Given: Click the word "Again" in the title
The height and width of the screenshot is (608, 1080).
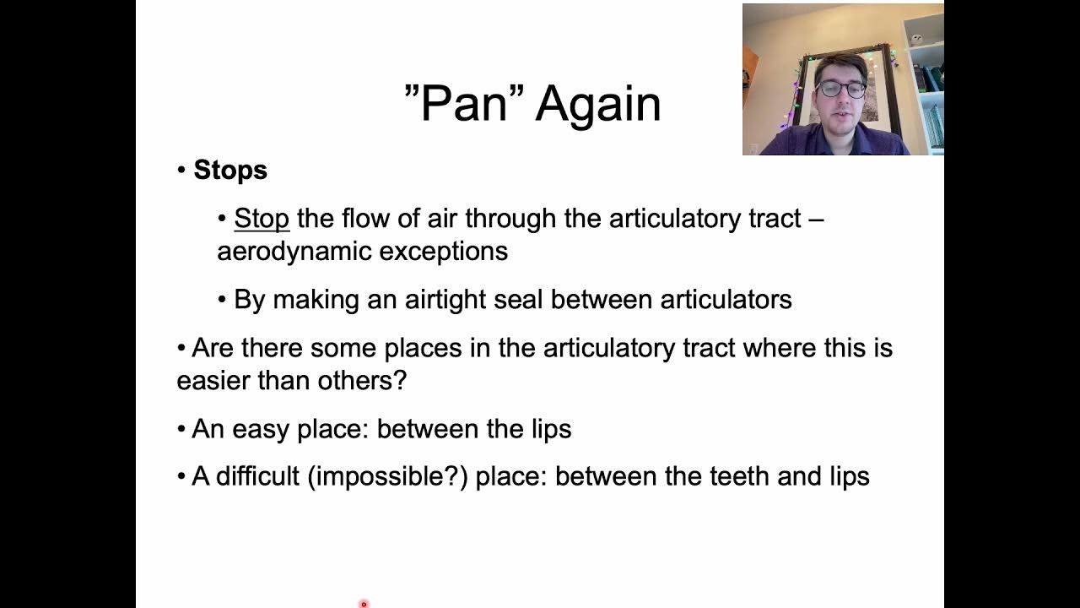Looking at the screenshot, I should (597, 105).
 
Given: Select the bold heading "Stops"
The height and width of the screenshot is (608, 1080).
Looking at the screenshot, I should (230, 170).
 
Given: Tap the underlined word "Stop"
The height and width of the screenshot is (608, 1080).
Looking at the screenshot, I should (262, 219).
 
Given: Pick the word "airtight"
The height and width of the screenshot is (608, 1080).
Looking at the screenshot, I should (442, 300).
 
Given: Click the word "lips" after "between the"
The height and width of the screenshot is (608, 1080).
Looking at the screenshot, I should (551, 429).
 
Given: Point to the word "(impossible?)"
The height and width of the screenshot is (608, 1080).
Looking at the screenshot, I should (387, 477).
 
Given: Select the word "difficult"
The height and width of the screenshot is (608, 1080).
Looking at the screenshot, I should (257, 477).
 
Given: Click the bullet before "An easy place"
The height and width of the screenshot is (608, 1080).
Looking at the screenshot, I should (181, 429).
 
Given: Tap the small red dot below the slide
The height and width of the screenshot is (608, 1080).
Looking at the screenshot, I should (364, 604).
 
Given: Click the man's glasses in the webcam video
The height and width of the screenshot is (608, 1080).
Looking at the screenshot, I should (840, 89).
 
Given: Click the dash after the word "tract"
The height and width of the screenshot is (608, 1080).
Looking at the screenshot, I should (815, 219).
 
